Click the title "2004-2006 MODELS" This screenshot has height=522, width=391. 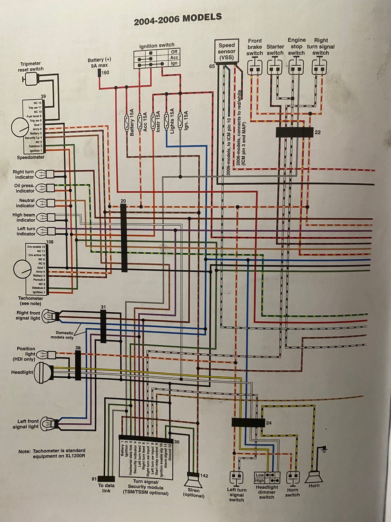(177, 19)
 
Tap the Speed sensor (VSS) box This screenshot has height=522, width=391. (226, 52)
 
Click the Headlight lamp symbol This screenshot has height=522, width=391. (44, 372)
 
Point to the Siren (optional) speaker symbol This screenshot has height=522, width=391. (193, 481)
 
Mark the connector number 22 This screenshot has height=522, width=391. (318, 132)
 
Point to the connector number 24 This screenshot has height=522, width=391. (269, 423)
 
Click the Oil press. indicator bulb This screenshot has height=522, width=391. (41, 188)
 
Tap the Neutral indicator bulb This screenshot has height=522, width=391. (41, 203)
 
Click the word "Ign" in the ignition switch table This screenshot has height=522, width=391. (174, 64)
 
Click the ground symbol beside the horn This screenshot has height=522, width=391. (324, 449)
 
